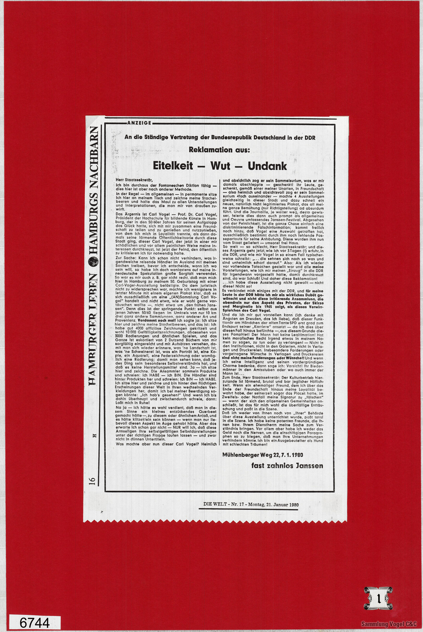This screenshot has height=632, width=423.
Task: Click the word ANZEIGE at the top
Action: pos(139,123)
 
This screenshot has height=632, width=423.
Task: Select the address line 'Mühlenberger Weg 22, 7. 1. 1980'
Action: pos(262,455)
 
